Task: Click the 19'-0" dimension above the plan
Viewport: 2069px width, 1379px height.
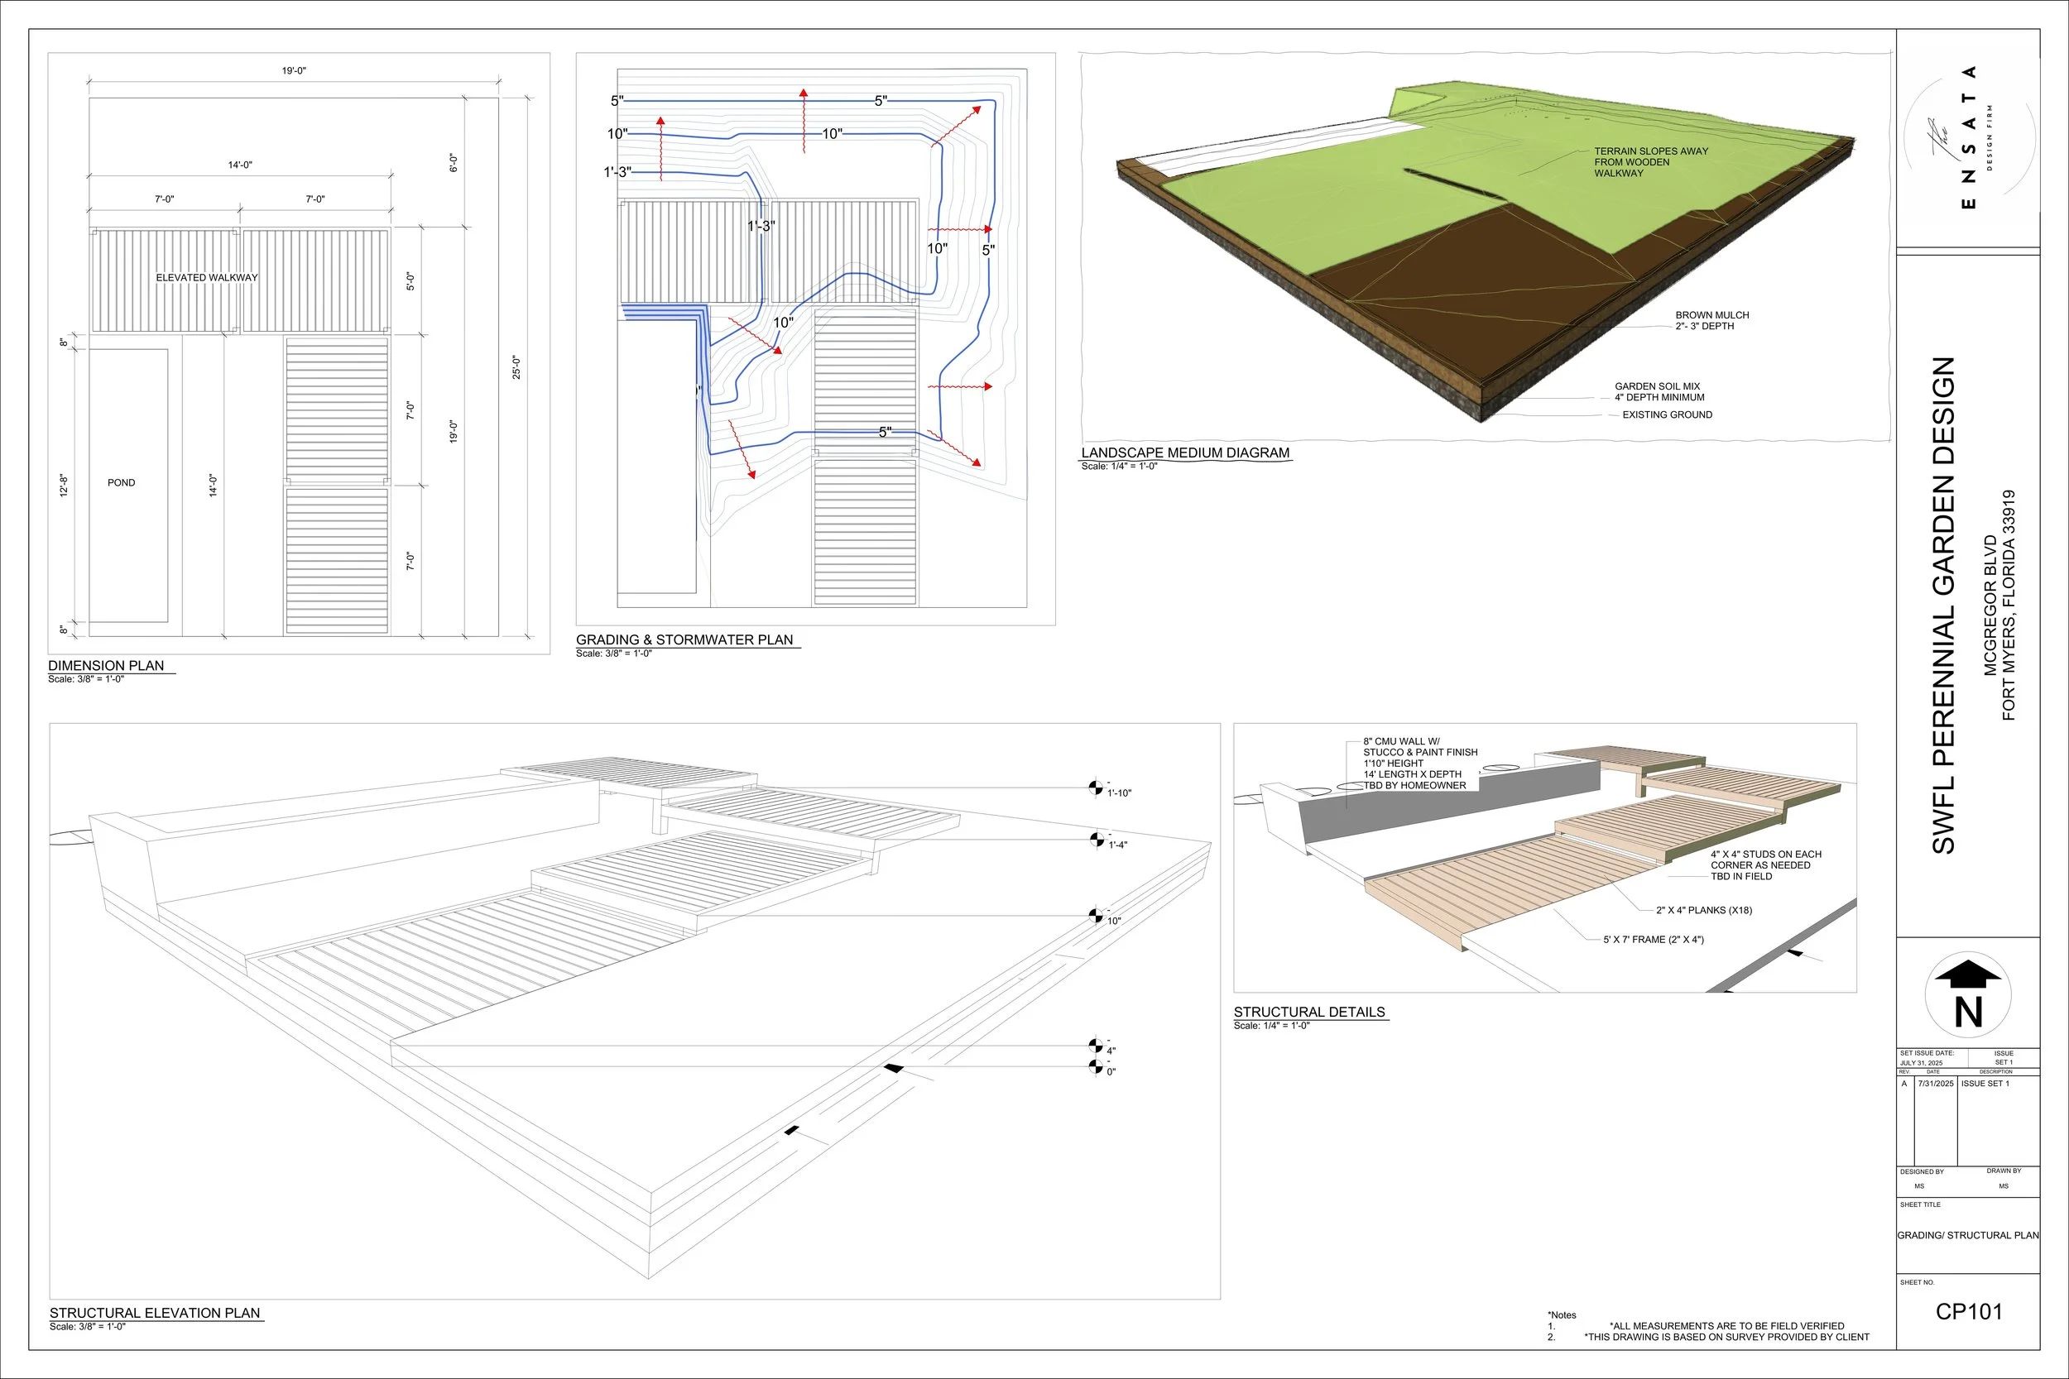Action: [294, 71]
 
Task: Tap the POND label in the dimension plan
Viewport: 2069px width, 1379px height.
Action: [122, 483]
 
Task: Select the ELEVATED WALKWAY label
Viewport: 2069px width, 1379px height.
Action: [207, 278]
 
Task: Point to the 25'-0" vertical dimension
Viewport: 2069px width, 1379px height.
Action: [516, 366]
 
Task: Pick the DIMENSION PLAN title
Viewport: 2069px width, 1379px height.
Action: [107, 666]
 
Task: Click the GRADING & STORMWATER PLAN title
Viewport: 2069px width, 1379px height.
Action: [684, 640]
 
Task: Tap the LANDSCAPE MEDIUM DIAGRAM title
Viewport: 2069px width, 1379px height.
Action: [1185, 453]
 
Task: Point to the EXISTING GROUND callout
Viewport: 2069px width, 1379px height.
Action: [1667, 415]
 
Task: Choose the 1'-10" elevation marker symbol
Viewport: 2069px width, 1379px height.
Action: [1095, 788]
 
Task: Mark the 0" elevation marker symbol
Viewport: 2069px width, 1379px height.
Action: [1095, 1067]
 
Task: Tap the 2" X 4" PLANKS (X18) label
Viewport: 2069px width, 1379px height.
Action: [1704, 910]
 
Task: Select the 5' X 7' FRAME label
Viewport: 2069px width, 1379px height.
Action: [1653, 939]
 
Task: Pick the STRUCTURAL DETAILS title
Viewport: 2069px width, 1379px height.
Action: [1309, 1013]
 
